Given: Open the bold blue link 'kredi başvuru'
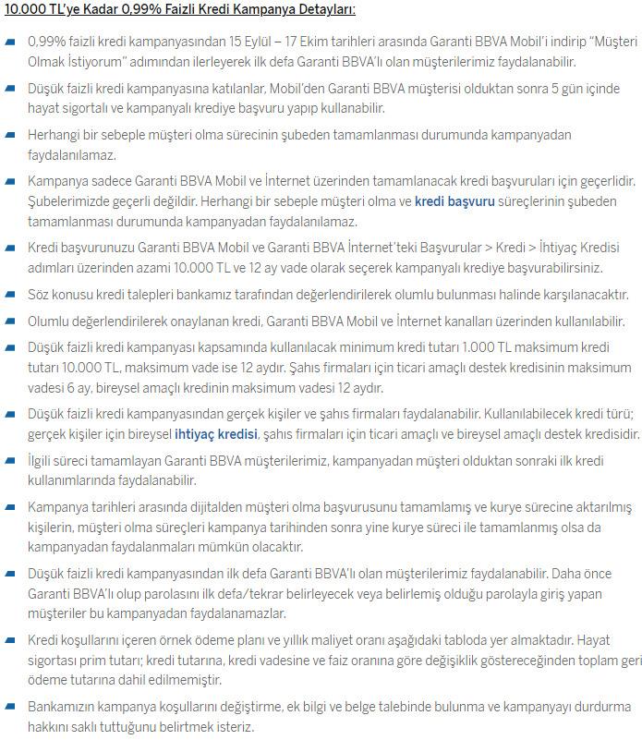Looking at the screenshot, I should (454, 200).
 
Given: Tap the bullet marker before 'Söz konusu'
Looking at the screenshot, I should (10, 295).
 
